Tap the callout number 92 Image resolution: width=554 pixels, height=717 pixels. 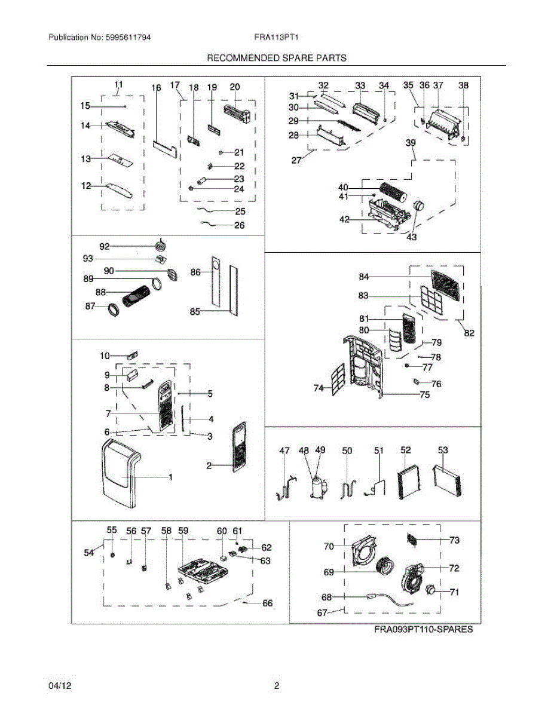point(105,246)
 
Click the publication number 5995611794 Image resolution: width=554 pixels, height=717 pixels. point(128,37)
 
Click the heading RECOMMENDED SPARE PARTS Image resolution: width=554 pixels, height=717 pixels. point(277,58)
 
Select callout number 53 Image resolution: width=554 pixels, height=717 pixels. point(443,450)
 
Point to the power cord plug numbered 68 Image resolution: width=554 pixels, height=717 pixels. point(372,596)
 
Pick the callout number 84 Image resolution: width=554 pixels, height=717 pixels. point(364,277)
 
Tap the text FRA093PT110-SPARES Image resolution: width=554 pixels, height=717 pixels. point(424,629)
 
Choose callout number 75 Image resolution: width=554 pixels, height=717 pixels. point(425,394)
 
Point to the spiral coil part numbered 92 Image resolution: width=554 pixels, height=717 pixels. point(162,244)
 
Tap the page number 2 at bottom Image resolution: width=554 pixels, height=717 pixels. point(277,686)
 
